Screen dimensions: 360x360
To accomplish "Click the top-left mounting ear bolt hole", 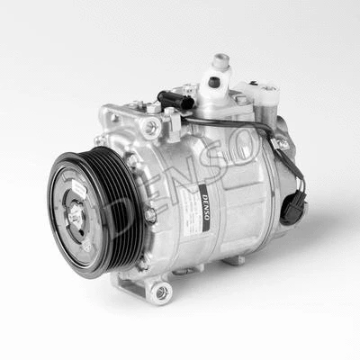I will (x=148, y=129).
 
